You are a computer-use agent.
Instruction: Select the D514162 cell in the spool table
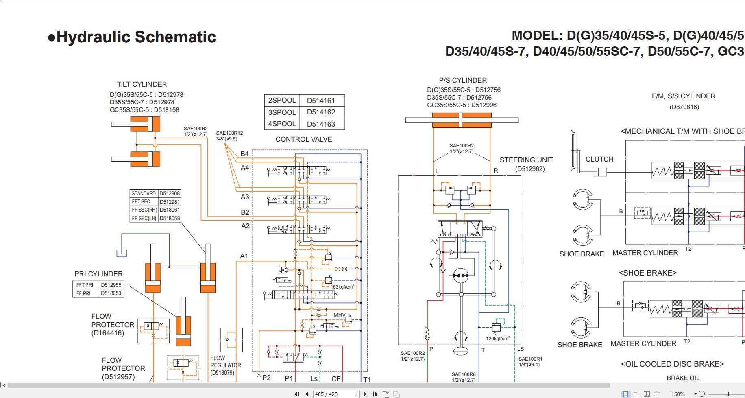(x=321, y=112)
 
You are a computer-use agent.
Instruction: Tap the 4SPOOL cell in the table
(x=282, y=124)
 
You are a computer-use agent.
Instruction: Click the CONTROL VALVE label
(x=304, y=139)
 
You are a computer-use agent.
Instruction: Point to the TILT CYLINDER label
(x=142, y=84)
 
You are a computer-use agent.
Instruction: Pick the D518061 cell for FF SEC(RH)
(x=170, y=210)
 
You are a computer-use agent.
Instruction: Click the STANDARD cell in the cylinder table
(x=144, y=194)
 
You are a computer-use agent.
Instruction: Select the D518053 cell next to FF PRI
(x=111, y=293)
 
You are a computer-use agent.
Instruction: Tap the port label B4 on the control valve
(x=244, y=154)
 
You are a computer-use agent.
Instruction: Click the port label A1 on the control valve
(x=244, y=256)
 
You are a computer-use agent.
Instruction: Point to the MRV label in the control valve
(x=340, y=315)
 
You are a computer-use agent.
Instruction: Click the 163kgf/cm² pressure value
(x=342, y=287)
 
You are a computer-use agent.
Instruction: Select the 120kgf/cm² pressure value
(x=498, y=339)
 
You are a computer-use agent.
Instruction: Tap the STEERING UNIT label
(x=526, y=160)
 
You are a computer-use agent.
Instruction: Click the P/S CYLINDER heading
(x=463, y=80)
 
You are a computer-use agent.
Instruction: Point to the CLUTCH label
(x=599, y=159)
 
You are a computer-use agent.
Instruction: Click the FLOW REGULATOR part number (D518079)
(x=222, y=373)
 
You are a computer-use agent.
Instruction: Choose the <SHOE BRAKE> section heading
(x=647, y=273)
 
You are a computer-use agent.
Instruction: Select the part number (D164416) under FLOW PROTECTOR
(x=108, y=333)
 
